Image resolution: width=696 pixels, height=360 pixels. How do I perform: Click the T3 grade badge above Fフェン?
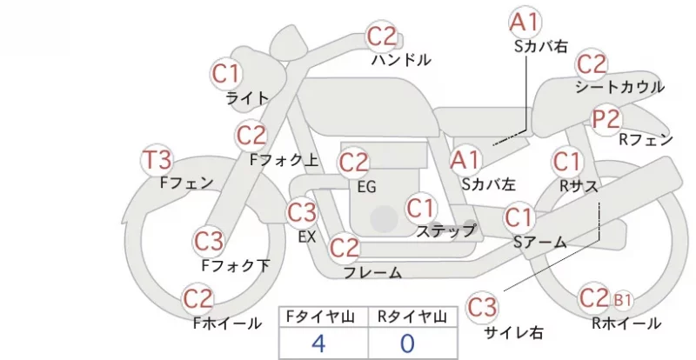(x=157, y=160)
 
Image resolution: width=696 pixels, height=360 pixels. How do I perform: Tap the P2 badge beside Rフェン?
(x=606, y=119)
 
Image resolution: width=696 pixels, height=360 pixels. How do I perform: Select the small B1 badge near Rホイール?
(x=622, y=301)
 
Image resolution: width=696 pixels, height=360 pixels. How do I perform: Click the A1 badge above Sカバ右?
(x=525, y=22)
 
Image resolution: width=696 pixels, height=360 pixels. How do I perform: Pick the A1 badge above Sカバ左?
(x=465, y=160)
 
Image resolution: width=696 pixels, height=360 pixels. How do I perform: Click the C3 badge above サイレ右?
(x=482, y=307)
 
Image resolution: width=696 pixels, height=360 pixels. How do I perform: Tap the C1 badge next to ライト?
(x=226, y=74)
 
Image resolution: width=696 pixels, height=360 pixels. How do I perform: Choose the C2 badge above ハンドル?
(x=382, y=37)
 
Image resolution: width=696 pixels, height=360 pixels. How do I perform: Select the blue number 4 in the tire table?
(x=319, y=343)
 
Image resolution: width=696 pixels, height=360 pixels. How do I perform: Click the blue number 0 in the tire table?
(x=407, y=343)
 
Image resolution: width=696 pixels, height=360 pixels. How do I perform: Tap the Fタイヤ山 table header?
(x=320, y=317)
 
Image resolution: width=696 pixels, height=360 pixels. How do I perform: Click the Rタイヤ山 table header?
(x=412, y=317)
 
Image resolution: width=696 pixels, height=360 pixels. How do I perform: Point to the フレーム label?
(x=373, y=272)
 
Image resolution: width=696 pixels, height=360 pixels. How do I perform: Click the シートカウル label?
(x=619, y=87)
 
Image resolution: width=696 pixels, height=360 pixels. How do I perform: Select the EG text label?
(x=366, y=187)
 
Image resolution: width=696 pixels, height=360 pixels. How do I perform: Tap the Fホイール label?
(x=227, y=323)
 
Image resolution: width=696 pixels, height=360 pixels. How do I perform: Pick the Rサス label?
(x=579, y=186)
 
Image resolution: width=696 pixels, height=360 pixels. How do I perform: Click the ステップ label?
(x=445, y=230)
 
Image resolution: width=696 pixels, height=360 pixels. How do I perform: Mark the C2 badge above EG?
(x=354, y=163)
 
